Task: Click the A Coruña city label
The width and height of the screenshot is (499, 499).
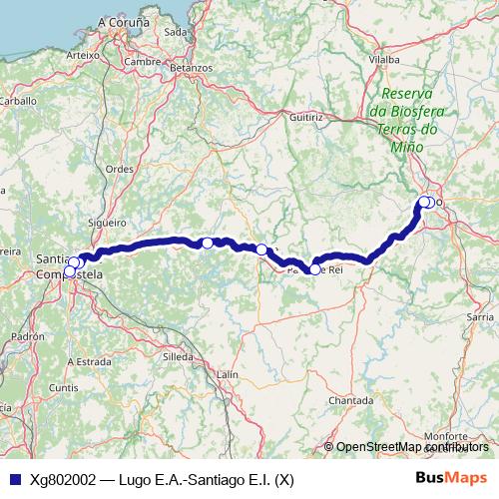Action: click(124, 20)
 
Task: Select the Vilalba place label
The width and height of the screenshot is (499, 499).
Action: click(383, 60)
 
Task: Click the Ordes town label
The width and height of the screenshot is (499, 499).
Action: click(120, 169)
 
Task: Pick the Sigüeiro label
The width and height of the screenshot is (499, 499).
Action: click(106, 223)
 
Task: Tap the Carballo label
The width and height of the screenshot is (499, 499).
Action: click(18, 101)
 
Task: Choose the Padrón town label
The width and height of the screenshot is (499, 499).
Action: click(30, 337)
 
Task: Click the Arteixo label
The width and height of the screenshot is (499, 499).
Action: click(82, 55)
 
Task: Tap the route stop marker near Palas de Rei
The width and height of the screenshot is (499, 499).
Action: click(314, 268)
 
